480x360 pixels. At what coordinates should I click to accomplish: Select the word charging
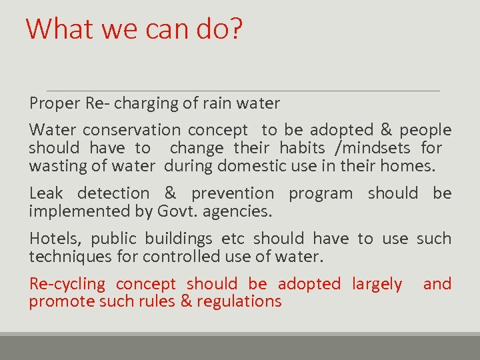(149, 103)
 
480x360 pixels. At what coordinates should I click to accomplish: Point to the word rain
(215, 103)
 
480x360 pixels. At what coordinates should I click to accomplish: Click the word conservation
(131, 130)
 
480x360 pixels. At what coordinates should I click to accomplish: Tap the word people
(425, 130)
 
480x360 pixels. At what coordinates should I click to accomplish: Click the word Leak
(46, 193)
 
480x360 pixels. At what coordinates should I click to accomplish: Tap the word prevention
(232, 193)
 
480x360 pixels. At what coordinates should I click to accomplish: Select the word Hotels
(55, 239)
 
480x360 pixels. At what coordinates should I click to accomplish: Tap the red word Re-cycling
(67, 284)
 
